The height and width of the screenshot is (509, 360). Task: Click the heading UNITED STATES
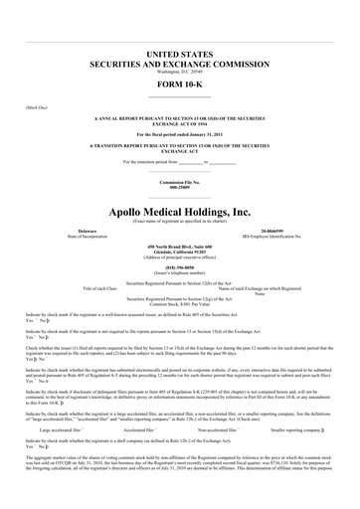pyautogui.click(x=179, y=49)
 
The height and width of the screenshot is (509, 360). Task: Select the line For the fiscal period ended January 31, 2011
pyautogui.click(x=179, y=133)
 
